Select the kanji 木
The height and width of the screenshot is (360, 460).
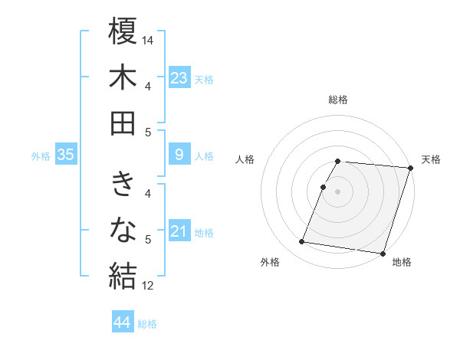[x=123, y=78]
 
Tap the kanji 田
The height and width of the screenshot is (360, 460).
[x=123, y=123]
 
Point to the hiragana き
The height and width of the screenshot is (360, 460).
[x=123, y=185]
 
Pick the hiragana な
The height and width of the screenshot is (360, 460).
[x=123, y=229]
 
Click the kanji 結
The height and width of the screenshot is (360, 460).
[x=123, y=274]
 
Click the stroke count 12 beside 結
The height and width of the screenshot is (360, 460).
[x=149, y=286]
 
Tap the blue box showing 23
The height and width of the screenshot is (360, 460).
[x=179, y=78]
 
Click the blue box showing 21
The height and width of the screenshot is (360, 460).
[x=179, y=232]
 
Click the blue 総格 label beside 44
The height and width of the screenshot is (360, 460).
[x=148, y=324]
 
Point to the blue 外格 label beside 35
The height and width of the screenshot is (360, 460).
[x=41, y=156]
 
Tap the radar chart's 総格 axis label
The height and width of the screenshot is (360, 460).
[x=338, y=100]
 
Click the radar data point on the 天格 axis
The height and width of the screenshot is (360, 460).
[x=411, y=168]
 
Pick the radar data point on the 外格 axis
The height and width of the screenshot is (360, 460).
[x=302, y=242]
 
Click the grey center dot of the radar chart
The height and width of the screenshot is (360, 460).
[x=338, y=191]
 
